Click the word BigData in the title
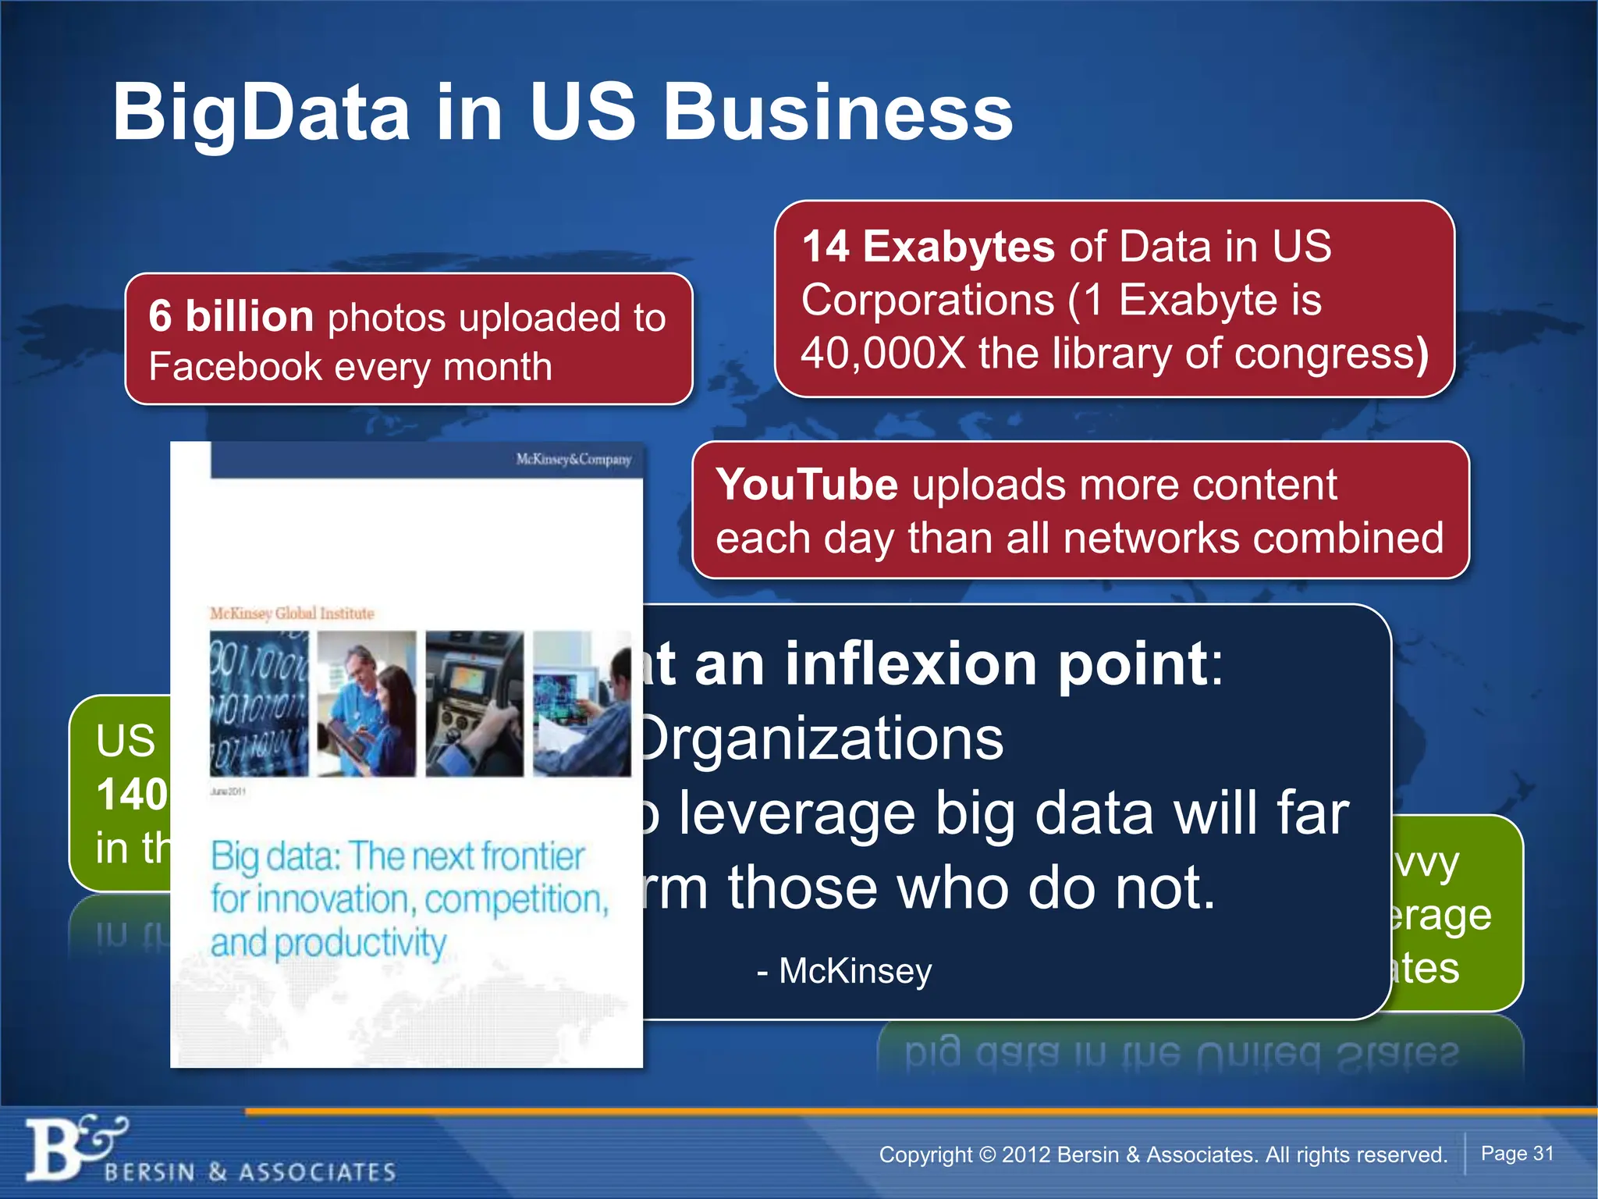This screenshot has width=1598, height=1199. [261, 113]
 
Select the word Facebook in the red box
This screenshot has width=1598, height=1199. [235, 367]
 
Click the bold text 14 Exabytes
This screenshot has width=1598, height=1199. [928, 247]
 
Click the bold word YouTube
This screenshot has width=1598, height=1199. [807, 485]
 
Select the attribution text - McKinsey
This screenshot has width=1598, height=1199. [844, 971]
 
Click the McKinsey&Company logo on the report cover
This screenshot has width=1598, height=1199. [574, 459]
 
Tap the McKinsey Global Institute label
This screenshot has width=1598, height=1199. [292, 614]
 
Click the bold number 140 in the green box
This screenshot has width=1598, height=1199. [132, 795]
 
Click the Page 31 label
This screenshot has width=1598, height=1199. [1517, 1154]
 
